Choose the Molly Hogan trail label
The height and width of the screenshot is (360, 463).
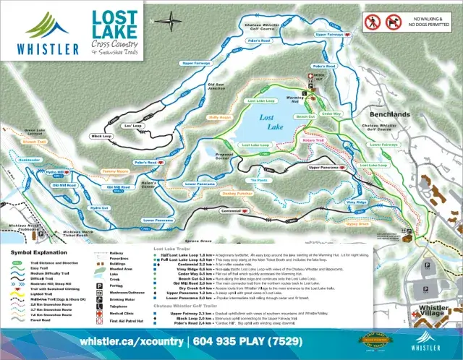[218, 116]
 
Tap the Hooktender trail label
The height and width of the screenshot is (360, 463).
[30, 160]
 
